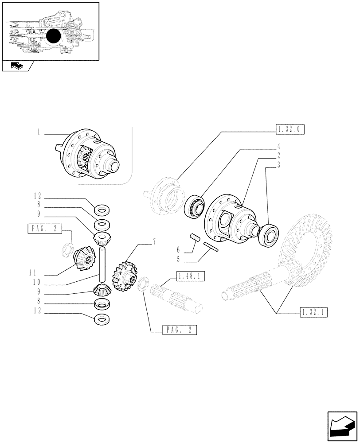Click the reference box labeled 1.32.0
coord(290,130)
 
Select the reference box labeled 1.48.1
coord(190,277)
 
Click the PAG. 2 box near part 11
coord(44,229)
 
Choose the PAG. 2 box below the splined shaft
coord(180,330)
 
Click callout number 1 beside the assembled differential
coord(39,132)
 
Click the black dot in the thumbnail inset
coord(53,37)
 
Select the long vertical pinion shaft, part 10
coord(102,264)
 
